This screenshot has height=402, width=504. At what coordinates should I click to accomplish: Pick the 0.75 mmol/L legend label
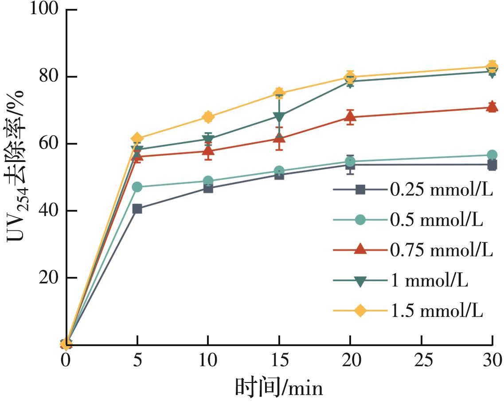[441, 250]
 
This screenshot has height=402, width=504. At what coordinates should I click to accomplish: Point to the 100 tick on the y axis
[44, 9]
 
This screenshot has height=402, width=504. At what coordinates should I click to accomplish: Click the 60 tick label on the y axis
[49, 144]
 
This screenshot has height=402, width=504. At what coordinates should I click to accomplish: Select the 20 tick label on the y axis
[49, 278]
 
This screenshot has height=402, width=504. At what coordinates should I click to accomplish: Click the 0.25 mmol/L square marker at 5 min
[137, 209]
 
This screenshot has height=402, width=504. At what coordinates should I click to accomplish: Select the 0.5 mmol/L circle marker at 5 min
[137, 187]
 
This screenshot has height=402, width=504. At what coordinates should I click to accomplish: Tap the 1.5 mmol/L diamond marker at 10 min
[208, 117]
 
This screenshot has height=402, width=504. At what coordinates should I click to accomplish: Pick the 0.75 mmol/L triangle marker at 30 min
[492, 106]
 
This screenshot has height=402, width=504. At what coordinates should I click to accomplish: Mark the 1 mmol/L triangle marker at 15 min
[279, 117]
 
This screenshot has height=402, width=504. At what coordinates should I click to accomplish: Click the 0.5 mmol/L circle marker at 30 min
[492, 155]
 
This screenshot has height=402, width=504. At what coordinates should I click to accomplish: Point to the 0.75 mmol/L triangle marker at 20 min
[350, 117]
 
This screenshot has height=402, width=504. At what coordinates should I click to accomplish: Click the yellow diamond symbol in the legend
[360, 311]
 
